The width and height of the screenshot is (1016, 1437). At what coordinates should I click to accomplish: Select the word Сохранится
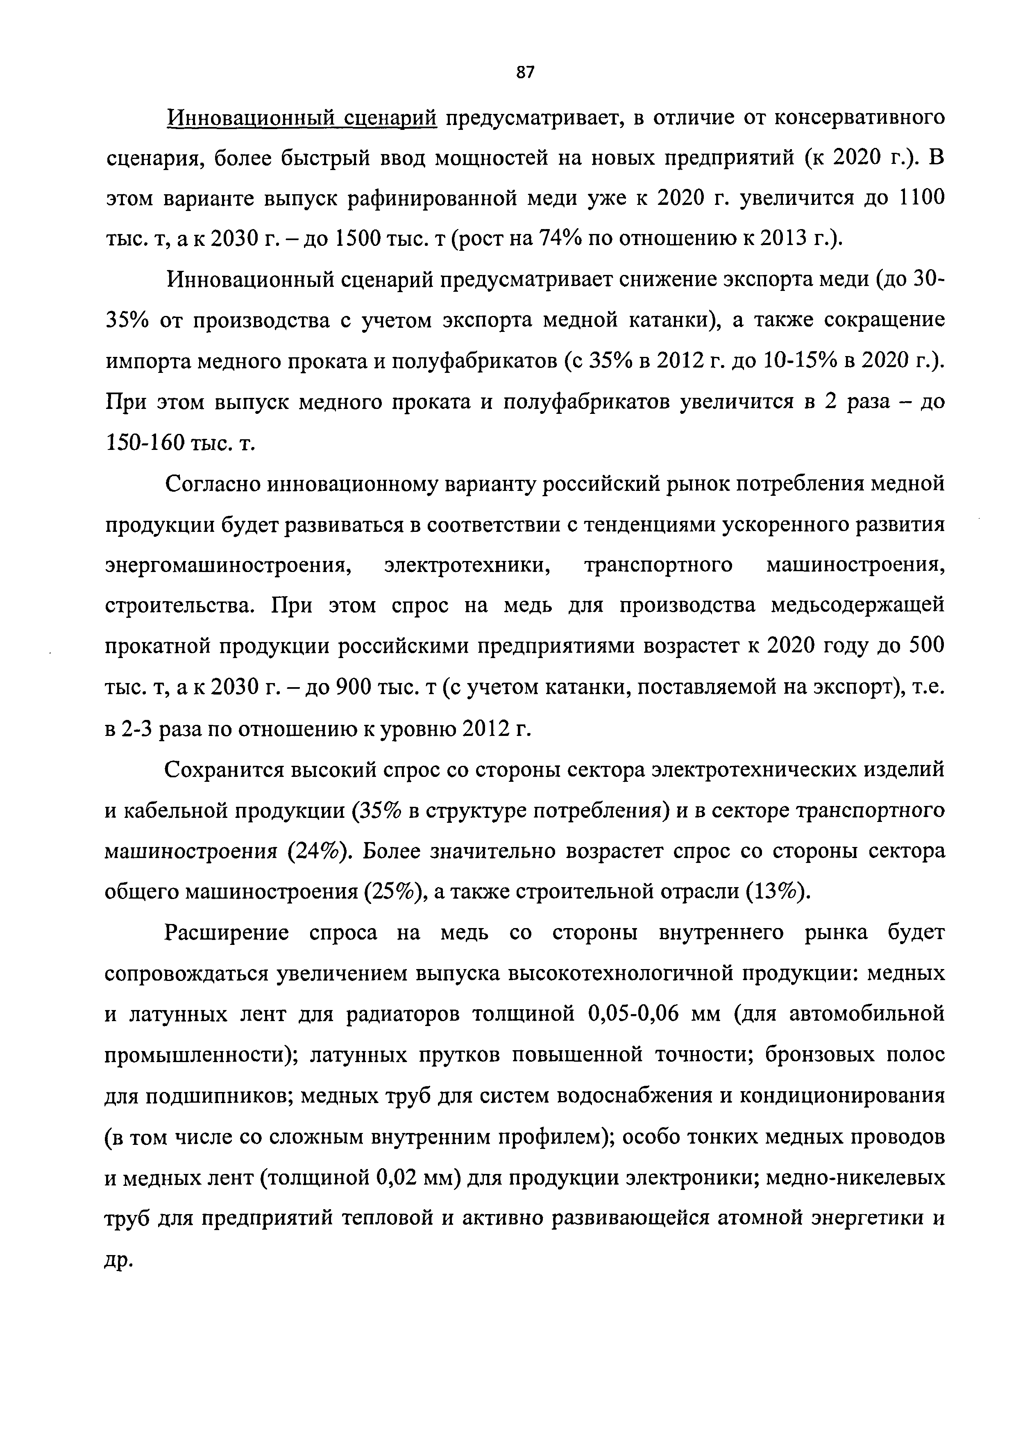(222, 769)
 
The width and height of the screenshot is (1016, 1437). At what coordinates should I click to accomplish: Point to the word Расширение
(227, 933)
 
